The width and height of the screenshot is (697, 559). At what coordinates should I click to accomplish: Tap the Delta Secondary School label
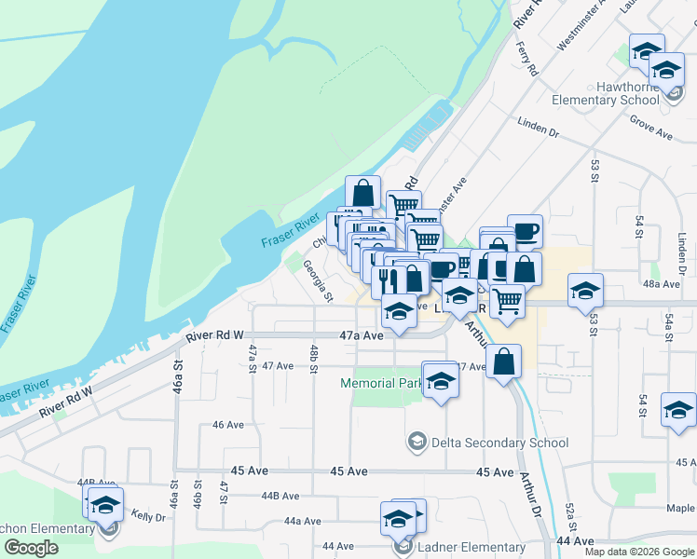click(499, 443)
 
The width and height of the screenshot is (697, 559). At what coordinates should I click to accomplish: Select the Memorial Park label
click(380, 383)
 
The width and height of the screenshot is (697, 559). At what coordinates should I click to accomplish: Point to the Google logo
click(31, 549)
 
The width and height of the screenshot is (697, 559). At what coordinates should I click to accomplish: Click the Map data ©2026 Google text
click(640, 552)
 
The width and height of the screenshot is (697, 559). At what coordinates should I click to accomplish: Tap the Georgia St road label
click(317, 280)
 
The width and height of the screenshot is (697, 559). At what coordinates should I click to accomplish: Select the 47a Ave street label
click(362, 334)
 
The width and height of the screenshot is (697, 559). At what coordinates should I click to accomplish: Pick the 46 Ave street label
click(228, 425)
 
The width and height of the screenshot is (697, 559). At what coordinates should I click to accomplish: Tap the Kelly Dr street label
click(148, 515)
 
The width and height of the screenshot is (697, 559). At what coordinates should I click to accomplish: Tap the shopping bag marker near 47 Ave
click(504, 362)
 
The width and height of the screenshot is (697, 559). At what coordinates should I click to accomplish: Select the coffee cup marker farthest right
click(525, 230)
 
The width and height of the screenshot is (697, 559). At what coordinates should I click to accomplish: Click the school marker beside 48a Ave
click(585, 290)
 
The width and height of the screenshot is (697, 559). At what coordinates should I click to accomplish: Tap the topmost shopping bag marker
click(362, 193)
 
